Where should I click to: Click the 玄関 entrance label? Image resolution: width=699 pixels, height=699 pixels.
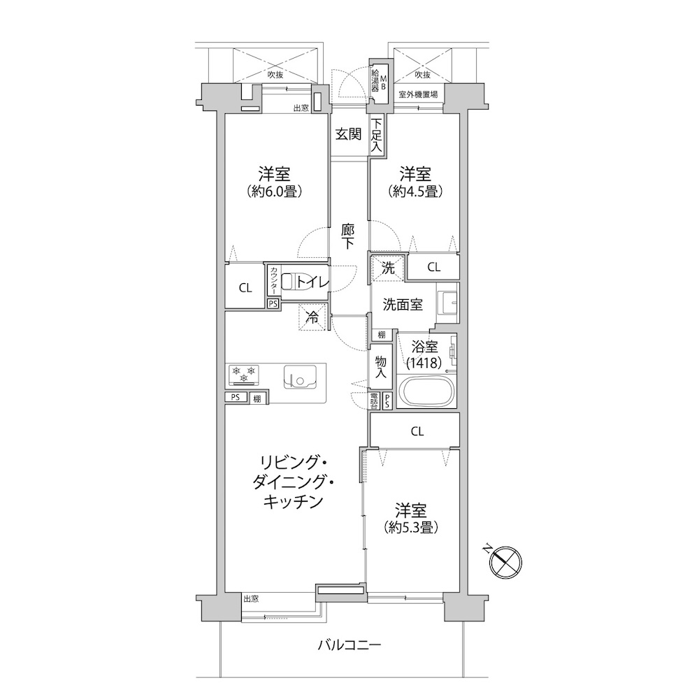point(348,134)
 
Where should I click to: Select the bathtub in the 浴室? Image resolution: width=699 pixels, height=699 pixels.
point(426,391)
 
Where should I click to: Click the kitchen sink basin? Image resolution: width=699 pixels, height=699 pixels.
point(300,377)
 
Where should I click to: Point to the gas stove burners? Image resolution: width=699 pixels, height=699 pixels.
point(243,374)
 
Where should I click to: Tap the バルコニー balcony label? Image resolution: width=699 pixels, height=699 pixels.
point(349,645)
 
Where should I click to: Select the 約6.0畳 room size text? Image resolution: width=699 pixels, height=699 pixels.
point(275,192)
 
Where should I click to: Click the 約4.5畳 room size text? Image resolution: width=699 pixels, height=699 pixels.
point(415,192)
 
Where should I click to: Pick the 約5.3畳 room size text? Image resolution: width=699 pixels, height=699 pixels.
point(411,528)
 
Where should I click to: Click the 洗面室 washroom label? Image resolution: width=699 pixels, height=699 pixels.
point(403,305)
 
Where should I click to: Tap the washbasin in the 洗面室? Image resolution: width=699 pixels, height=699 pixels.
point(447,303)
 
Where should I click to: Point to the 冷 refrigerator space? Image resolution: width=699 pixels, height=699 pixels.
point(312,317)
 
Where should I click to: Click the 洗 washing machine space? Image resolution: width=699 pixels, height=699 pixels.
point(388,268)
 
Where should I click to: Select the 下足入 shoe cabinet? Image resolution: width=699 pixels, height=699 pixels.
point(376,134)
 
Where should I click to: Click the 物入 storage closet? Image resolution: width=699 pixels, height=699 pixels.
point(380,366)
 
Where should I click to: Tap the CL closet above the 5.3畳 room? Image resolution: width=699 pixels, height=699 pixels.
point(415,431)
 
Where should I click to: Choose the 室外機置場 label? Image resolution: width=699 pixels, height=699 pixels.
point(418,94)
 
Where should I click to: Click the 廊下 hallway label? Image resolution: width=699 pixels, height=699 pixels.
point(347,236)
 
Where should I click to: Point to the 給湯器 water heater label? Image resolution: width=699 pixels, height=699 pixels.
point(375,80)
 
